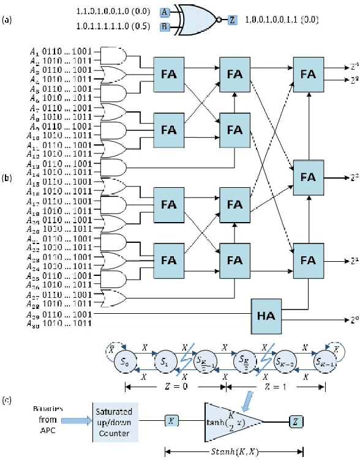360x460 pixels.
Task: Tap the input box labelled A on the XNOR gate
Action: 164,12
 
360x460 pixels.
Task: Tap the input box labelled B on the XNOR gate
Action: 164,27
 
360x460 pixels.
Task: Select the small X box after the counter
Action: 171,420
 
